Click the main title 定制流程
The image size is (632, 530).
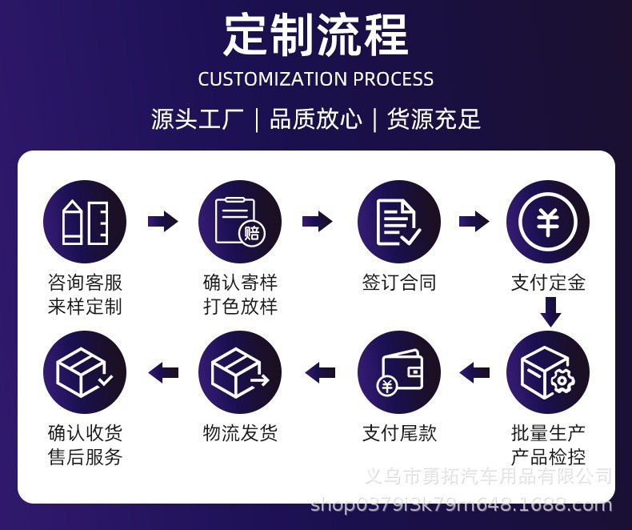tap(316, 34)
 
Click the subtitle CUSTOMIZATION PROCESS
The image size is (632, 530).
tap(315, 79)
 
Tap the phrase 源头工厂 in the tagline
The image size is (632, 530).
tap(198, 119)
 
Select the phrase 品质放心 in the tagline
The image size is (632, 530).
tap(315, 119)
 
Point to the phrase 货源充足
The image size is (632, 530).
tap(434, 119)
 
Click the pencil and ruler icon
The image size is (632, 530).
tap(85, 222)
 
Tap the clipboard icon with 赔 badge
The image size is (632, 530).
tap(240, 222)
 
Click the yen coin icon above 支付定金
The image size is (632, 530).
tap(548, 222)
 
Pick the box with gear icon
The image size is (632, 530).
tap(548, 372)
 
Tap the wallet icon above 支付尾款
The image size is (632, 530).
tap(398, 372)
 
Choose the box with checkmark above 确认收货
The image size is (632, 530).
tap(85, 372)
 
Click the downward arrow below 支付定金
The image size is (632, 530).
tap(550, 311)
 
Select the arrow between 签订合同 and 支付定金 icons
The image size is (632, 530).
tap(474, 221)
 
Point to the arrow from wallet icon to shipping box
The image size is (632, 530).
tap(320, 372)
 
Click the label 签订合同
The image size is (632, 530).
tap(399, 283)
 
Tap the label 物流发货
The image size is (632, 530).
tap(240, 433)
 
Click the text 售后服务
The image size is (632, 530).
tap(85, 457)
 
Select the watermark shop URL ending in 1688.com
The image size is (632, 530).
tap(462, 504)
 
